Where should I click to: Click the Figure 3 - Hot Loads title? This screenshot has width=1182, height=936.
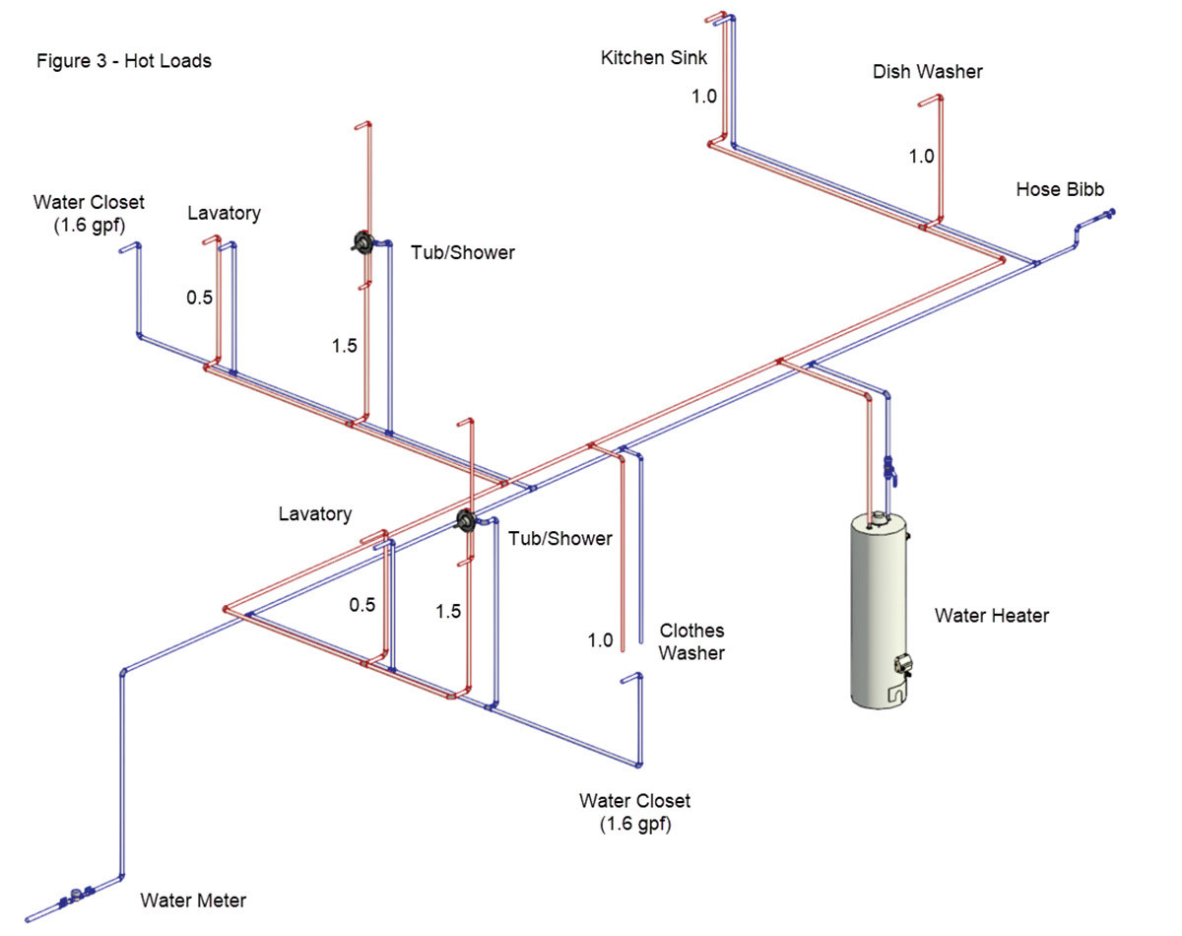124,61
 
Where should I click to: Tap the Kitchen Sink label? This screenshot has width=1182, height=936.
654,58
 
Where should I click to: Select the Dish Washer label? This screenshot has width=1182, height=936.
927,72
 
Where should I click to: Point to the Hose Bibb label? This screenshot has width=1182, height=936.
1060,189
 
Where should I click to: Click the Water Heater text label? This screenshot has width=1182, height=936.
992,616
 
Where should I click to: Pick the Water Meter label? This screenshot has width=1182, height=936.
193,900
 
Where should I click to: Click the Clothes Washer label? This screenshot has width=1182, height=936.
691,641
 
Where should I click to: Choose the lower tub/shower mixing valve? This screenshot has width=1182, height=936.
467,521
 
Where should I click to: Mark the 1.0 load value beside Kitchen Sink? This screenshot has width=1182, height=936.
702,96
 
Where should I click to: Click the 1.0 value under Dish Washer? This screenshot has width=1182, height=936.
921,156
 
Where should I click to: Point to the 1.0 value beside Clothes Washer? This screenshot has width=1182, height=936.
600,640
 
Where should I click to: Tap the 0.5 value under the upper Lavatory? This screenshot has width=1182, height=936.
200,298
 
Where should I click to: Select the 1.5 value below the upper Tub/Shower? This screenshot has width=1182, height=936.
344,346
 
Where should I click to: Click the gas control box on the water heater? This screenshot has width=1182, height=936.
898,667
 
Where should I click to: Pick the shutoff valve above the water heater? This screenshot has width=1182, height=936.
890,468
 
